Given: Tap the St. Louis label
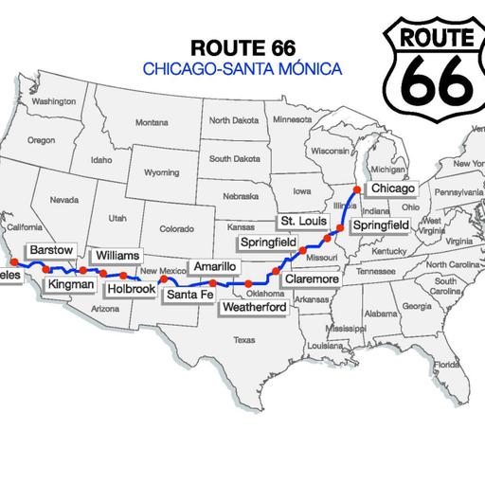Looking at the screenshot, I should pos(296,221).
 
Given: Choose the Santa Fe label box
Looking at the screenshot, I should pos(188,294).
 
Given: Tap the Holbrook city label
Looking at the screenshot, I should pos(132,289).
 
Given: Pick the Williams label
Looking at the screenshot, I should pos(117,256).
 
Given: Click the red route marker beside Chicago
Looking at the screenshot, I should pos(357,190).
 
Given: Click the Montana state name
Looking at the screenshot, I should pos(151,122).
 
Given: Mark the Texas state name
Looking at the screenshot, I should pos(244,340).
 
